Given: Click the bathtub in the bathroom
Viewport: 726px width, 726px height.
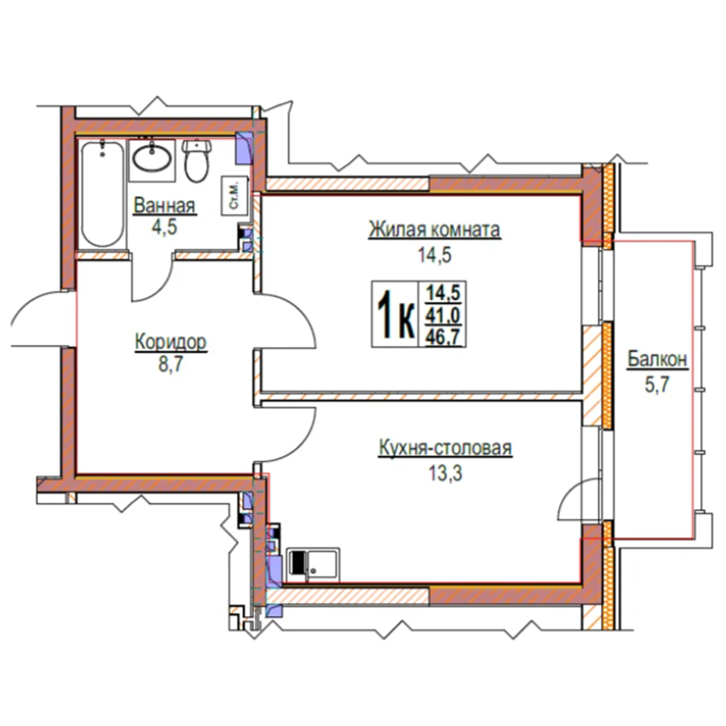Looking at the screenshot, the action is point(103,193).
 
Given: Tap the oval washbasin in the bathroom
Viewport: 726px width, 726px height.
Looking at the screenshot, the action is point(152,158).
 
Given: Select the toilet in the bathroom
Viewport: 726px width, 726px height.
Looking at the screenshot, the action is point(197,161).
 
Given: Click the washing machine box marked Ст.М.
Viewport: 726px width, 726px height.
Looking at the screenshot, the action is point(234,195).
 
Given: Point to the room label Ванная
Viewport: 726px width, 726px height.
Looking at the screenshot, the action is point(164,206).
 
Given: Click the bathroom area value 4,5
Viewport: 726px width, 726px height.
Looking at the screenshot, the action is point(164,228).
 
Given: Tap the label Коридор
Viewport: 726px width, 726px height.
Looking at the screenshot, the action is point(171,342).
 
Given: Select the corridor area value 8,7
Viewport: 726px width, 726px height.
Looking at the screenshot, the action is point(171,365).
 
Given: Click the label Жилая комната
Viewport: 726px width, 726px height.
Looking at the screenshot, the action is point(435,230).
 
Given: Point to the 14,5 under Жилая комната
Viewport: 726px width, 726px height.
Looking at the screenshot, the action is point(435,255).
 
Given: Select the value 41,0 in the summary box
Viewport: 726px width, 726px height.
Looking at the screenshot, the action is point(443,316).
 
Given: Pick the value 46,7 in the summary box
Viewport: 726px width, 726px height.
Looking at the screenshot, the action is point(443,336).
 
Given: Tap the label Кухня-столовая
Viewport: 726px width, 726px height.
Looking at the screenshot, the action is point(446,448).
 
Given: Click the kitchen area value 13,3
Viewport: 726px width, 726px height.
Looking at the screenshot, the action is point(446,474).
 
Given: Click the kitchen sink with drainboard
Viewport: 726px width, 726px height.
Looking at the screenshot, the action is point(313,564).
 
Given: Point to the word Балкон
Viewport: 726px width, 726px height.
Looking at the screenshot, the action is point(657,359).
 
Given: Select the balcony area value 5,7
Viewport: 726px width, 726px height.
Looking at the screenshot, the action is point(657,384).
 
